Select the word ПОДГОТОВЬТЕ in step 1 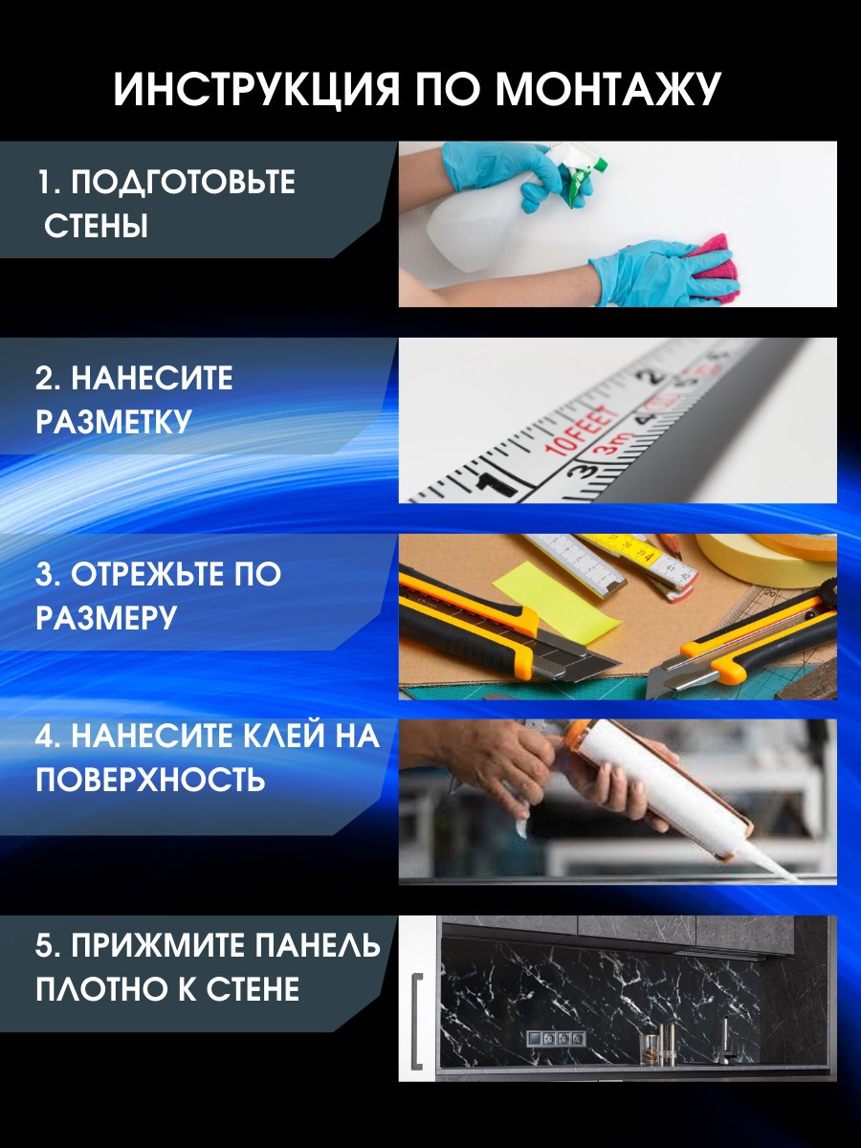click(183, 182)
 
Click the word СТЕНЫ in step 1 click(97, 228)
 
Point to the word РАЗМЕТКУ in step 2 click(114, 422)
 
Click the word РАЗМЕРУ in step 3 click(106, 618)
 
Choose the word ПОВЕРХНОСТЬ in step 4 click(150, 780)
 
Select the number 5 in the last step click(43, 946)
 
